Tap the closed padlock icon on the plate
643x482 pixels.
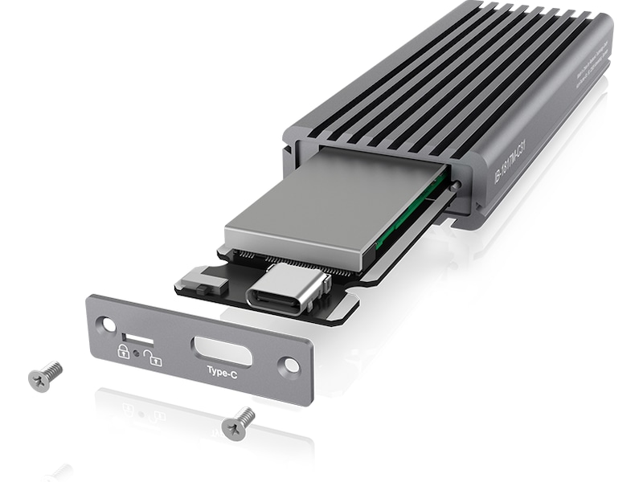pos(124,350)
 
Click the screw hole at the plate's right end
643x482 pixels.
pos(291,365)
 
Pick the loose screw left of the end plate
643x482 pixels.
pos(45,374)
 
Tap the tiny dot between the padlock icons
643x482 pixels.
pos(137,353)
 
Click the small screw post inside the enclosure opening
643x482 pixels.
pos(456,186)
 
